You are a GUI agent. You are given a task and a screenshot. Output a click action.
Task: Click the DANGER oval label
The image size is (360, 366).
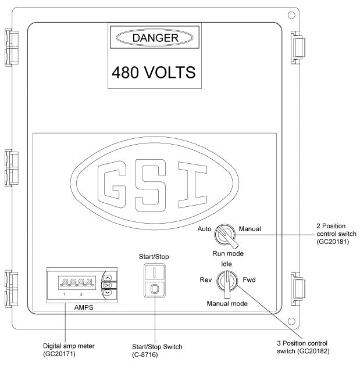coord(153,38)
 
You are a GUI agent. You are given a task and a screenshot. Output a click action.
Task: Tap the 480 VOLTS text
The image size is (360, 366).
coord(153,74)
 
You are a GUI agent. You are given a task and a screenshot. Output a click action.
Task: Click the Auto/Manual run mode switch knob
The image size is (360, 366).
coord(223,235)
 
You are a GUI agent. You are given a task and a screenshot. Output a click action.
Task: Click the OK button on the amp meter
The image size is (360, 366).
coord(106,285)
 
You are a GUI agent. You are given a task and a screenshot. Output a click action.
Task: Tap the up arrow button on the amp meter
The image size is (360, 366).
coord(106,277)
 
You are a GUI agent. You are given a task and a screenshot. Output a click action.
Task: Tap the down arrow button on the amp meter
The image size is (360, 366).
coord(106,293)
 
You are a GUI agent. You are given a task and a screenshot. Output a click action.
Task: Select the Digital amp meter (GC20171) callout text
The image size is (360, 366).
coord(64,350)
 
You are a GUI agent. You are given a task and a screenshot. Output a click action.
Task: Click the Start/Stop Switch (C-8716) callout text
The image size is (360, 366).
coord(157,350)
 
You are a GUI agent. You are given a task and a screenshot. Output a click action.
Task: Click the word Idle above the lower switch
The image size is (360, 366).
coord(227,264)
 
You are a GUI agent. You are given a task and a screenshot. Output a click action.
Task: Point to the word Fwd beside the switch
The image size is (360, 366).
coord(249,280)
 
